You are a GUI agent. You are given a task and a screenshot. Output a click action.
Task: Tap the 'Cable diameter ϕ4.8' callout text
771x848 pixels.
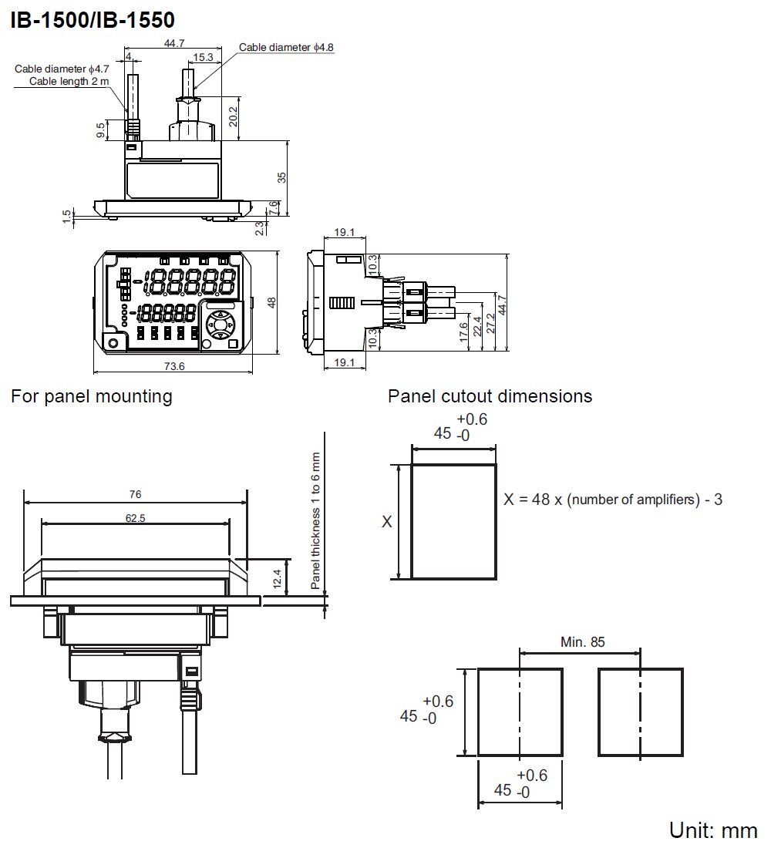pyautogui.click(x=286, y=48)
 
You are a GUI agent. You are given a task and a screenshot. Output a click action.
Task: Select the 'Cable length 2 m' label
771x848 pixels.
pyautogui.click(x=69, y=81)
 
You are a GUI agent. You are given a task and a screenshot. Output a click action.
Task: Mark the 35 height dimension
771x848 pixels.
pyautogui.click(x=282, y=177)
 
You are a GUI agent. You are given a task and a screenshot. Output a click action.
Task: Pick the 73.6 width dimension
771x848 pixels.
pyautogui.click(x=176, y=366)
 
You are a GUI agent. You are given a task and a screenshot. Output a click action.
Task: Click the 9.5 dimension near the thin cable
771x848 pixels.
pyautogui.click(x=100, y=130)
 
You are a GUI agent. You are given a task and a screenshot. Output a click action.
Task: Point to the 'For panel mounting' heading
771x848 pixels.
pyautogui.click(x=92, y=396)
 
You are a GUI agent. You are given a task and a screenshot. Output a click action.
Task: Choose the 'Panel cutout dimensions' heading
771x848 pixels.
pyautogui.click(x=490, y=396)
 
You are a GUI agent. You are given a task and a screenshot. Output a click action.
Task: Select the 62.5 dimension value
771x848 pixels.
pyautogui.click(x=135, y=519)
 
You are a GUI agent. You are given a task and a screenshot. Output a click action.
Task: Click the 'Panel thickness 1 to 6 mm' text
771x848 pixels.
pyautogui.click(x=315, y=522)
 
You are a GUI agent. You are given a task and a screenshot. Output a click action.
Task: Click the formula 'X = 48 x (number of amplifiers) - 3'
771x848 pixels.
pyautogui.click(x=613, y=500)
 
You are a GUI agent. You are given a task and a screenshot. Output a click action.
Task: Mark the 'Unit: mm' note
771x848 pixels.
pyautogui.click(x=713, y=830)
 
